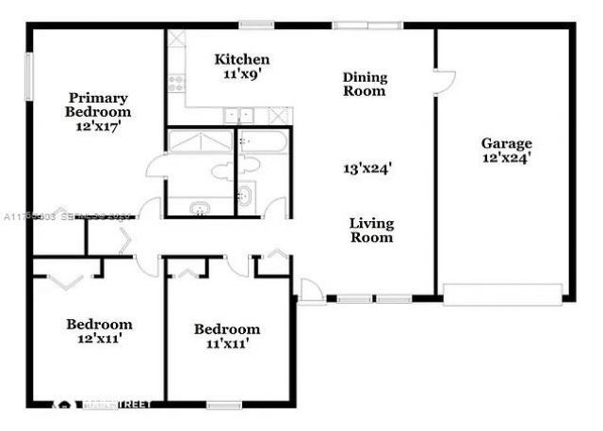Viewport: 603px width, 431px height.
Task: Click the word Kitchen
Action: [x=241, y=58]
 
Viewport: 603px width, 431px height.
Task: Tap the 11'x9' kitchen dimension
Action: [x=241, y=72]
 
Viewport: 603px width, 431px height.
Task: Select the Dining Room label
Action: [x=365, y=84]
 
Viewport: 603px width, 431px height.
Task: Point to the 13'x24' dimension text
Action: [x=367, y=169]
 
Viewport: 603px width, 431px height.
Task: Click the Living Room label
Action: [x=371, y=230]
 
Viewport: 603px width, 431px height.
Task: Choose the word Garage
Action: [x=507, y=143]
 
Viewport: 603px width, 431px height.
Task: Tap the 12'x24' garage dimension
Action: [x=507, y=158]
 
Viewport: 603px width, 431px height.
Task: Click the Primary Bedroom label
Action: [x=98, y=104]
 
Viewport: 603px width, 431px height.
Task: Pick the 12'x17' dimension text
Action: [x=98, y=126]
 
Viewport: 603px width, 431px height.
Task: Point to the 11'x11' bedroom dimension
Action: [x=226, y=343]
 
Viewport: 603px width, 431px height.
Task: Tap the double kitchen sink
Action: [x=238, y=116]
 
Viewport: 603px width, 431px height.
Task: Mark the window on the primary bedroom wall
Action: [x=28, y=77]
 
